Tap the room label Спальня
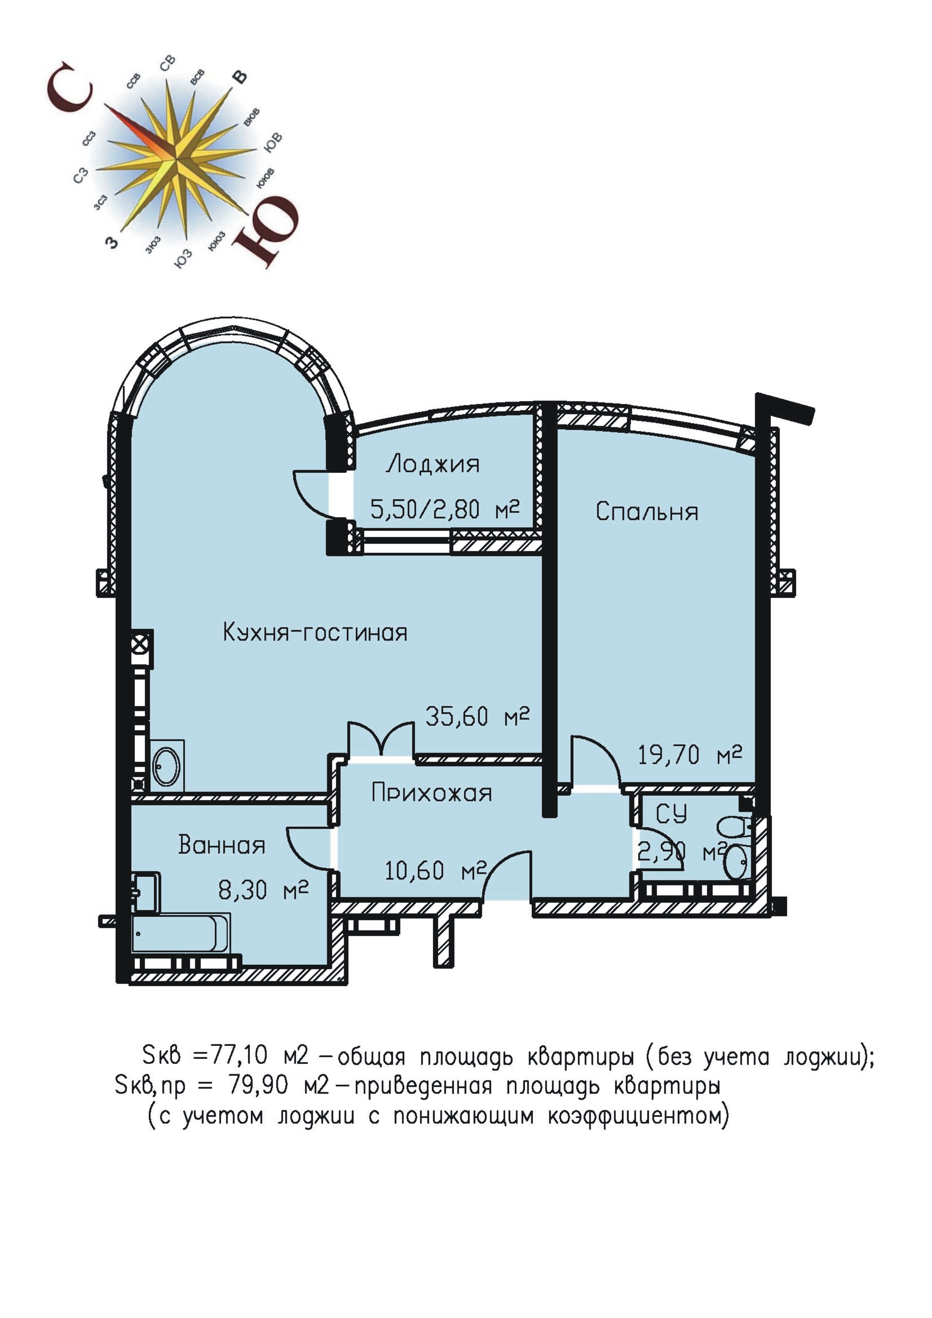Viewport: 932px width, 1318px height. coord(647,511)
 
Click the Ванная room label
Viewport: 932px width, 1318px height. coord(222,845)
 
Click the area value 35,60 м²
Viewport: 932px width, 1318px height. coord(477,716)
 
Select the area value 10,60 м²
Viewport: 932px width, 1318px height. coord(435,871)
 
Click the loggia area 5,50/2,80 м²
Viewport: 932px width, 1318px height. coord(444,509)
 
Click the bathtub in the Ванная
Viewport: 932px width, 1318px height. coord(181,933)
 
